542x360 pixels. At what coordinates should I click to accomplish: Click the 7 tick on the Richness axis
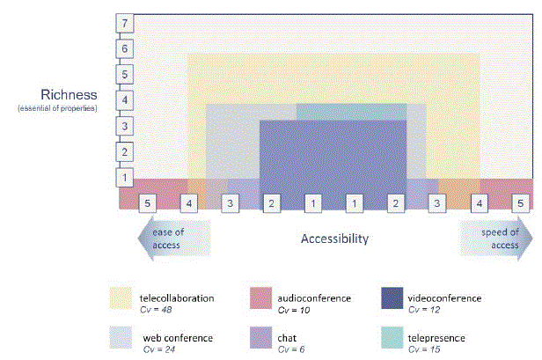click(124, 23)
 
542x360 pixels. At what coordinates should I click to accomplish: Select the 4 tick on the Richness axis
click(124, 100)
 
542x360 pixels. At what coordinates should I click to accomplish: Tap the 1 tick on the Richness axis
click(124, 178)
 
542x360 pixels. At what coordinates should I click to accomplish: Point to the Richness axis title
click(69, 95)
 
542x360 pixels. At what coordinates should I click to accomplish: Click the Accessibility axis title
click(334, 239)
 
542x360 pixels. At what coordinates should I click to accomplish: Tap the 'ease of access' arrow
click(174, 239)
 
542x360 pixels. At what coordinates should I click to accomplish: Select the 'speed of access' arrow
click(496, 239)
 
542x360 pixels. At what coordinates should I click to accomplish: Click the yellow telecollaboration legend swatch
click(121, 298)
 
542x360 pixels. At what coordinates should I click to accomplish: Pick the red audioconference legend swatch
click(260, 298)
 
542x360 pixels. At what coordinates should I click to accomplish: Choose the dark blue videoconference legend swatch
click(392, 298)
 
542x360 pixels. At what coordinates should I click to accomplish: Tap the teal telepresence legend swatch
click(392, 337)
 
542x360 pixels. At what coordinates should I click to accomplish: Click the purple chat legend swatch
click(260, 337)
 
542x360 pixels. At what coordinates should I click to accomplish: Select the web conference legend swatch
click(121, 337)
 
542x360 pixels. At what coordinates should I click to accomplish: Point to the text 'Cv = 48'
click(156, 310)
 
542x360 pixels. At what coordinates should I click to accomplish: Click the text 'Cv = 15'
click(424, 349)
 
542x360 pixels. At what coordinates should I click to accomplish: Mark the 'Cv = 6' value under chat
click(291, 349)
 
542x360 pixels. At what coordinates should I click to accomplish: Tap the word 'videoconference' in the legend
click(444, 298)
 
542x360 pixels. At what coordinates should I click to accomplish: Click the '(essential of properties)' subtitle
click(57, 108)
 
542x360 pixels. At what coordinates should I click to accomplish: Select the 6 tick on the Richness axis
click(124, 48)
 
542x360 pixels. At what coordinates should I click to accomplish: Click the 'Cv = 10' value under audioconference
click(294, 310)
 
